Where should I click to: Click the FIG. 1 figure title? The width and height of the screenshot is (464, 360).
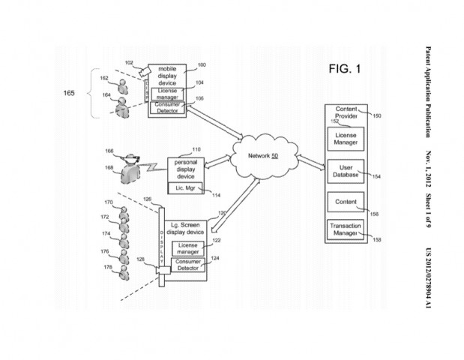[345, 70]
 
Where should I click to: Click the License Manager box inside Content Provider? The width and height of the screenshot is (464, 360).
[346, 137]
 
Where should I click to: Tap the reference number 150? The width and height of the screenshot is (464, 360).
[376, 116]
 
